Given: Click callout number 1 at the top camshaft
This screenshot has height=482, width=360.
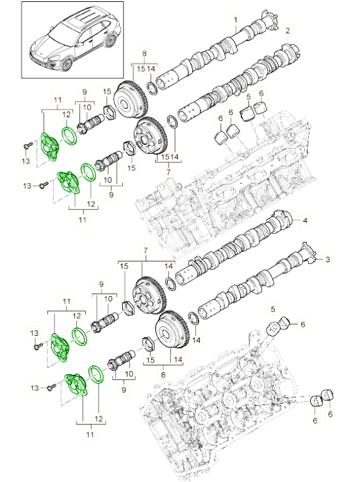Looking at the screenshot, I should coord(236,20).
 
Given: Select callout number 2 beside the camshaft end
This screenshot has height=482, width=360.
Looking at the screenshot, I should coord(288,30).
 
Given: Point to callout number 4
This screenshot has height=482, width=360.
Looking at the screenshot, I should coord(305,221).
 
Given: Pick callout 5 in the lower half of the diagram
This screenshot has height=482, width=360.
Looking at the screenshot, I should coord(272,310).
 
